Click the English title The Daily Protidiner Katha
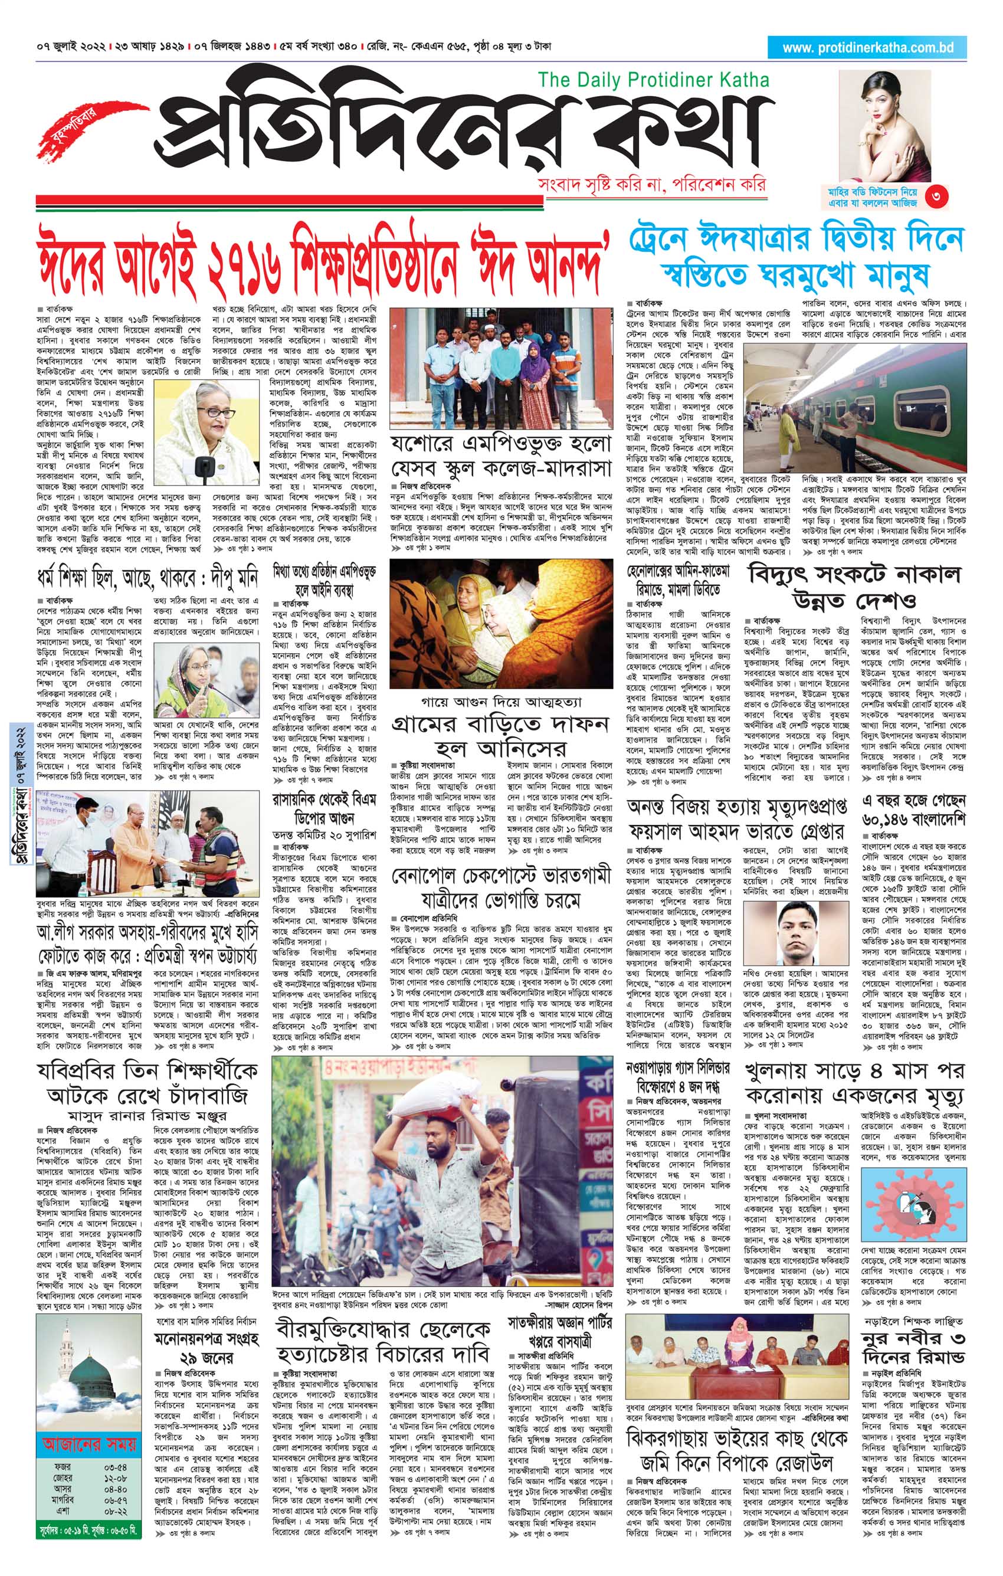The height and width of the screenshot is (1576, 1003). tap(653, 80)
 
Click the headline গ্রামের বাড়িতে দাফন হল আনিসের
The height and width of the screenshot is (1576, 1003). tap(500, 736)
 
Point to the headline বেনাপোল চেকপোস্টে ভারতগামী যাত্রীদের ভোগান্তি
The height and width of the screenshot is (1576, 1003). tap(500, 886)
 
